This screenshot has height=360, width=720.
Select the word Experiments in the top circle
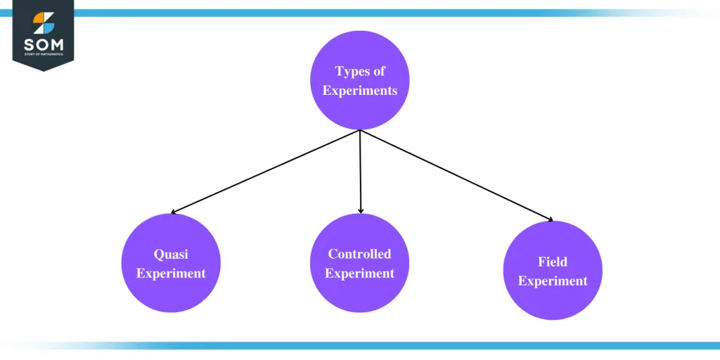point(360,90)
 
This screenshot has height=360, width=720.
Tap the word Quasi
point(171,255)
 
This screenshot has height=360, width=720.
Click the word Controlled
point(359,254)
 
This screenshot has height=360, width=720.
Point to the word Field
point(553,262)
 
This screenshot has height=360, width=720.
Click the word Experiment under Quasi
point(171,274)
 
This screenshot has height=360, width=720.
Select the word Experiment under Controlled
point(359,274)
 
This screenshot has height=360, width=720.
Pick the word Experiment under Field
point(553,281)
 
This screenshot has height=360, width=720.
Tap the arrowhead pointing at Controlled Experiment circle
point(361,210)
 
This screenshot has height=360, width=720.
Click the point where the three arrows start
point(360,130)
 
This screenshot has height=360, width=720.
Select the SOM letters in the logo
point(43,45)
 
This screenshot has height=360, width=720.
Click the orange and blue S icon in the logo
point(43,23)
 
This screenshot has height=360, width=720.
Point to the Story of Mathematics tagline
point(43,55)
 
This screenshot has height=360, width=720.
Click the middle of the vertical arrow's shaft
point(360,171)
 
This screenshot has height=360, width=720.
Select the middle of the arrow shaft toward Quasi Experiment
point(266,172)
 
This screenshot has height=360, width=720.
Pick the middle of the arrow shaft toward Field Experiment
point(456,176)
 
